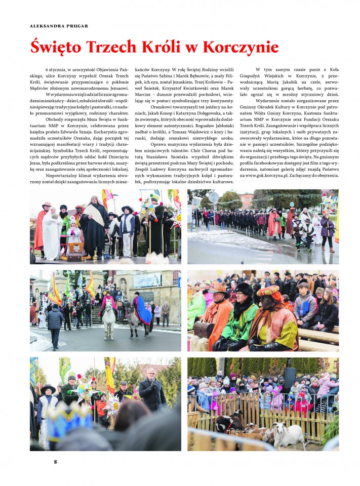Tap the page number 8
[56, 461]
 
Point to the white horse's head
[107, 308]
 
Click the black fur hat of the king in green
[244, 290]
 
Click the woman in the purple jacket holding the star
[327, 228]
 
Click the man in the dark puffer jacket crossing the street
[55, 324]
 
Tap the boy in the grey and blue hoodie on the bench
[304, 304]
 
